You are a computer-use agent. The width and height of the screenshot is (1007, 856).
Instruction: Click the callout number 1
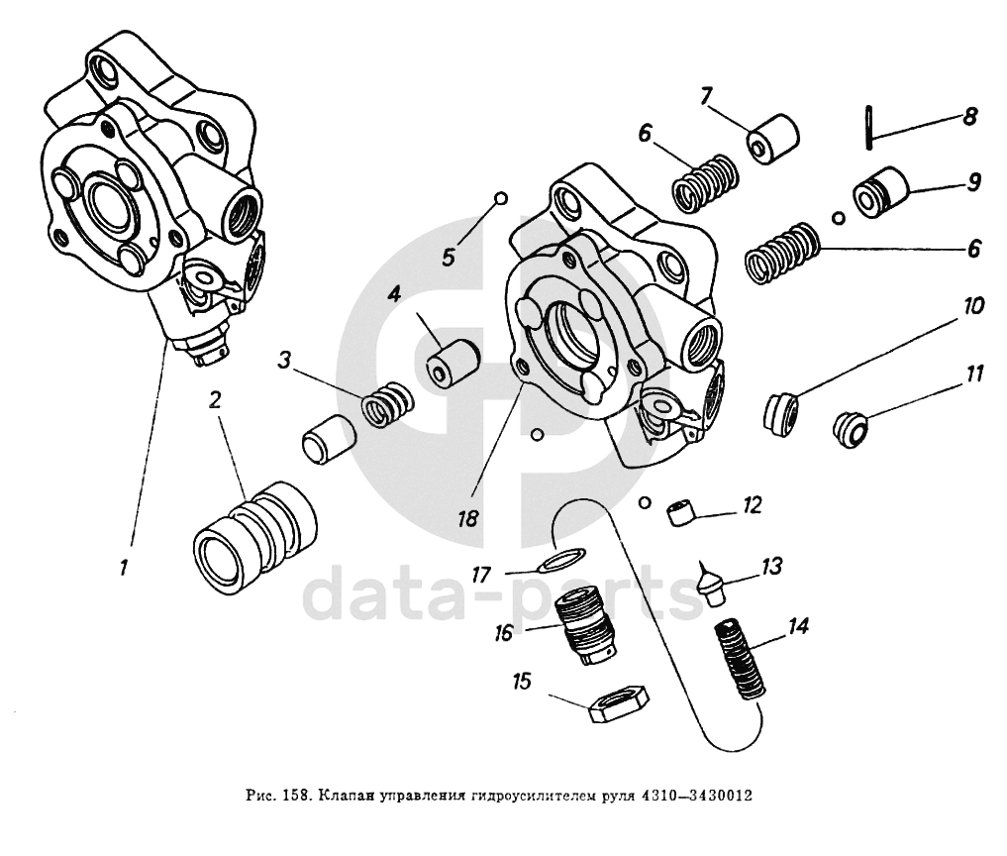124,569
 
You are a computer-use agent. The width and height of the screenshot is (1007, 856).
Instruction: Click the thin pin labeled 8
866,127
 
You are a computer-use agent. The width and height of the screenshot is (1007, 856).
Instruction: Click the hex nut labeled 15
617,704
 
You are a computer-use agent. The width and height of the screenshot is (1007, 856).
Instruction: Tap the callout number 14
799,625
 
